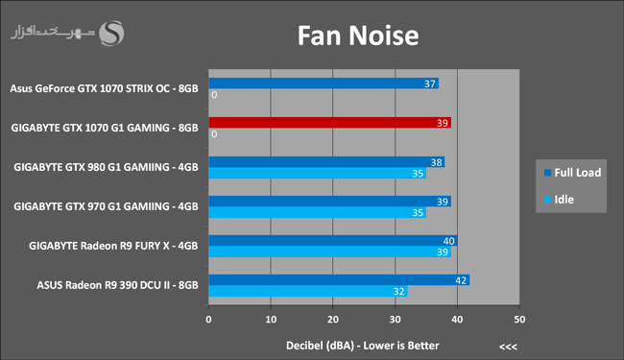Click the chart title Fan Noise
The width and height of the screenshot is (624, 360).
pyautogui.click(x=358, y=36)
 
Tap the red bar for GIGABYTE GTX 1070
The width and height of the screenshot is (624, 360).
pyautogui.click(x=330, y=123)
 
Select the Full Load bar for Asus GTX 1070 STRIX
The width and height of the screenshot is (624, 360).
pyautogui.click(x=324, y=84)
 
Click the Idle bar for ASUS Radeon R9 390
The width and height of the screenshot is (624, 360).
pyautogui.click(x=308, y=291)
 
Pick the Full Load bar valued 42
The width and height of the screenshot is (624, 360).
pyautogui.click(x=339, y=280)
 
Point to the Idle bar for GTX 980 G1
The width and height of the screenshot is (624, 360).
pyautogui.click(x=318, y=173)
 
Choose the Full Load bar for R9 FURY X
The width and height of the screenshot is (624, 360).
pyautogui.click(x=333, y=241)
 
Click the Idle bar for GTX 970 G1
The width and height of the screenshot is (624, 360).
pyautogui.click(x=318, y=212)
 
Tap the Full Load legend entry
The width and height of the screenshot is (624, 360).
pyautogui.click(x=573, y=173)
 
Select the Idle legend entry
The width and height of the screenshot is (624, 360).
pyautogui.click(x=559, y=200)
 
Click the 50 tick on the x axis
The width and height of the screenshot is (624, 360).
pyautogui.click(x=519, y=320)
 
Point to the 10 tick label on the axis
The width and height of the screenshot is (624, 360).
pyautogui.click(x=271, y=320)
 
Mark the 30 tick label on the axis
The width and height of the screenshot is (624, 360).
pyautogui.click(x=396, y=320)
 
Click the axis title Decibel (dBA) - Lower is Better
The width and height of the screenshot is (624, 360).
pyautogui.click(x=363, y=346)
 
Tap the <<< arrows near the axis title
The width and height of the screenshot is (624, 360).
pyautogui.click(x=508, y=347)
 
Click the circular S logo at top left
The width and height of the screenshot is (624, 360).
pyautogui.click(x=111, y=34)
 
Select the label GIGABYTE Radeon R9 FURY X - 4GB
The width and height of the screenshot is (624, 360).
pyautogui.click(x=113, y=246)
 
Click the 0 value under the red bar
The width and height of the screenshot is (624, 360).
pyautogui.click(x=214, y=134)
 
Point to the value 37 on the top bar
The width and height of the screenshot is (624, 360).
pyautogui.click(x=430, y=84)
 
